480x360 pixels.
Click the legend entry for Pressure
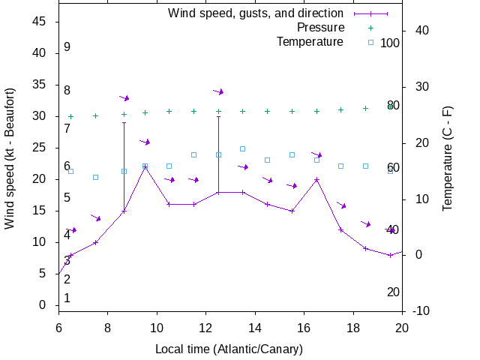pos(320,27)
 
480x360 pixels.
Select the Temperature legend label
pos(310,41)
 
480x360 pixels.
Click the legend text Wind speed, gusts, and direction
pos(256,13)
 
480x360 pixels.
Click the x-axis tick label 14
pos(255,327)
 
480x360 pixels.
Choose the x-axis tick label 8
pos(107,327)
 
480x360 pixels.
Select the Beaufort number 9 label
pos(67,46)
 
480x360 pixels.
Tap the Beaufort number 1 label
pos(67,298)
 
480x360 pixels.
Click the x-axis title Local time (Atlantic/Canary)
pos(229,349)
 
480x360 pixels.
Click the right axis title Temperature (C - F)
pos(447,157)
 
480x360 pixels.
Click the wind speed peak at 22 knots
pos(145,167)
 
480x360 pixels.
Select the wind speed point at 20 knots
pos(316,179)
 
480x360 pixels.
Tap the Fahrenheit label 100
pos(390,43)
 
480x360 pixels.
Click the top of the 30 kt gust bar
pos(218,116)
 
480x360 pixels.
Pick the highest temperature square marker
pos(243,148)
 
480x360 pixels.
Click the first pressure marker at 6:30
pos(71,116)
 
